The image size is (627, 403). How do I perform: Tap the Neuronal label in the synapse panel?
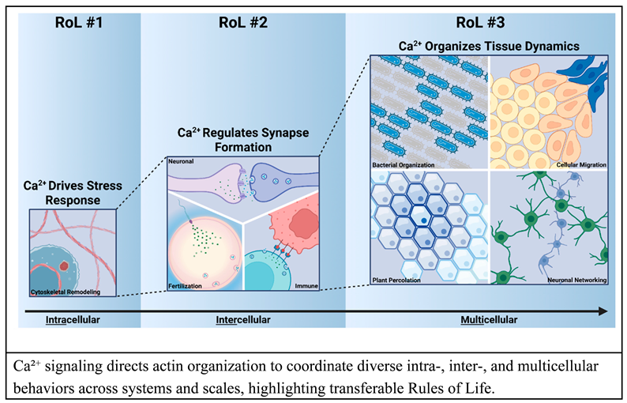pos(182,160)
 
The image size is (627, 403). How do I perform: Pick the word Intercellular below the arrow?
pos(242,320)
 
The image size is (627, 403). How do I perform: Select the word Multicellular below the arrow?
pos(490,320)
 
